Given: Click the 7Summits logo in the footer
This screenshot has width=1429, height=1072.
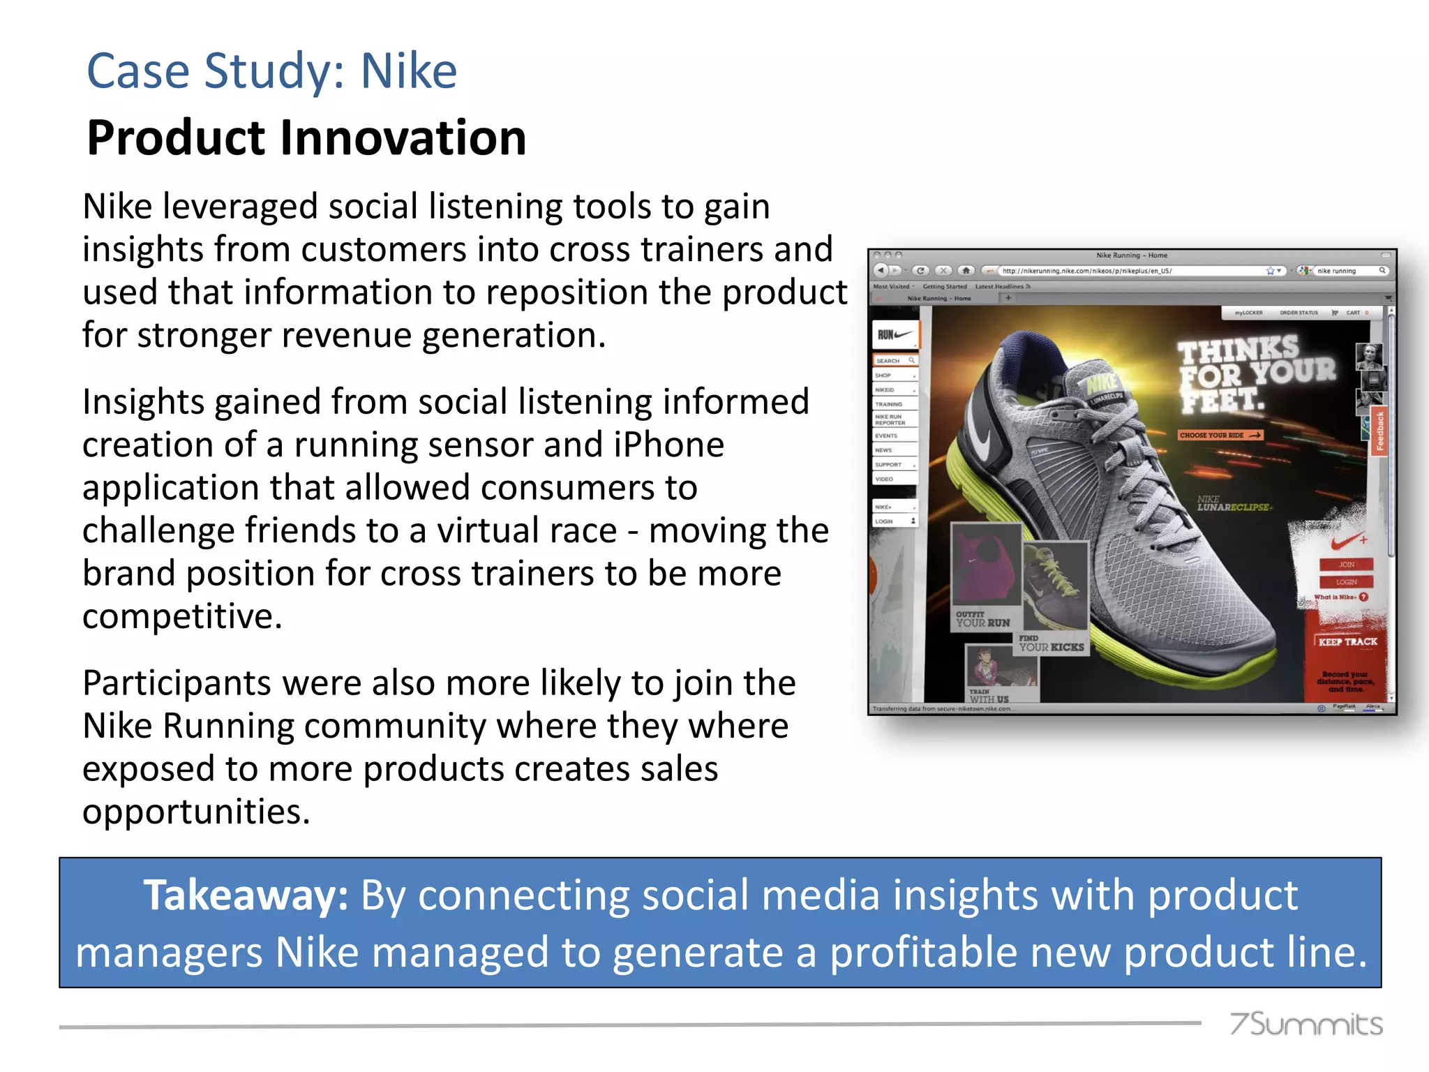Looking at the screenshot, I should point(1305,1024).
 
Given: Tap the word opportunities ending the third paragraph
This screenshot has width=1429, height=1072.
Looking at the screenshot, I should point(196,812).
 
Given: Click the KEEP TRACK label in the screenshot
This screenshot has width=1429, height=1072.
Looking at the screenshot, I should point(1347,641).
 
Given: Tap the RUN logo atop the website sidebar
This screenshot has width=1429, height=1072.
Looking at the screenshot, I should point(895,335).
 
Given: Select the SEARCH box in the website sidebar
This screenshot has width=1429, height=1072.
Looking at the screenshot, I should point(895,361).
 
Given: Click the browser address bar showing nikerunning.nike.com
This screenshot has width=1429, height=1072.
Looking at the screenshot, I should point(1130,271).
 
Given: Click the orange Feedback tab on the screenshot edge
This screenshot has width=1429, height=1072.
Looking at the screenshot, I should point(1379,431).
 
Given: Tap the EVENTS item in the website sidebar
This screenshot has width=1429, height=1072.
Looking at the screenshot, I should point(888,435).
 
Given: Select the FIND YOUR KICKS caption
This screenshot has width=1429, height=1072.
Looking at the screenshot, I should point(1051,643).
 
